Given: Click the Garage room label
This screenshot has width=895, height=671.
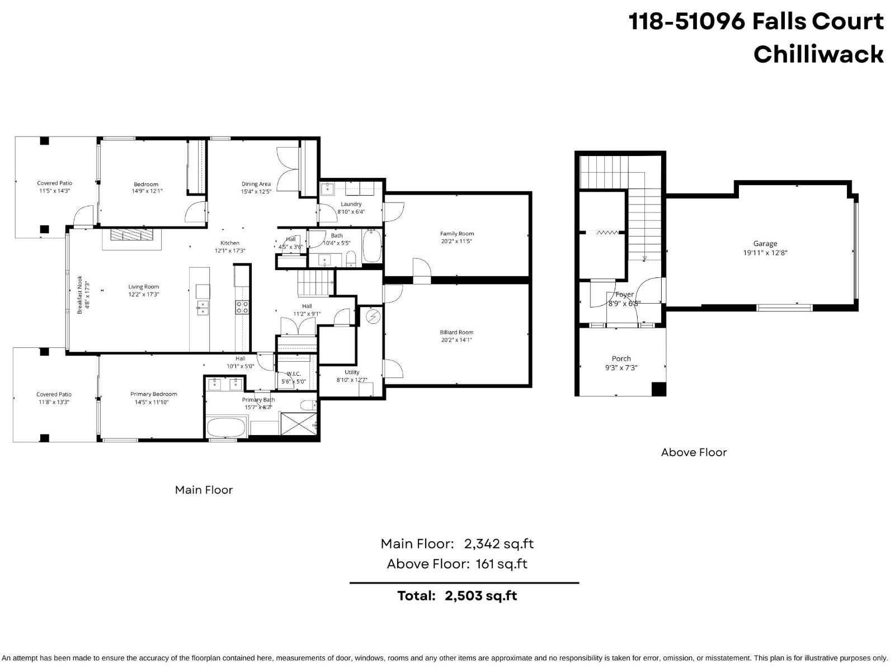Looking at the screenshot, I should click(765, 244).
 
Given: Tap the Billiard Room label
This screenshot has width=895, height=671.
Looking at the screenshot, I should click(456, 332).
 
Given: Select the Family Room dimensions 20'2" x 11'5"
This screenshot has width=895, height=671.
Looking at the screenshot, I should click(456, 242).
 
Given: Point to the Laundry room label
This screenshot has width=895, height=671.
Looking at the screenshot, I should click(351, 204).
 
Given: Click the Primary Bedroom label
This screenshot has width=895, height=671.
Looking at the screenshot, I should click(154, 394).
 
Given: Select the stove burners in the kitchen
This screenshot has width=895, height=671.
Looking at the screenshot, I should click(242, 306).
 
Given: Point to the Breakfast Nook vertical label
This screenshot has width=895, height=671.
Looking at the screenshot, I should click(80, 295).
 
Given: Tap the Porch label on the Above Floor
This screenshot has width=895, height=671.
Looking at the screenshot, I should click(621, 358).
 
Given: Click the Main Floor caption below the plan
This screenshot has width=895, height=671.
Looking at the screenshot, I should click(204, 490).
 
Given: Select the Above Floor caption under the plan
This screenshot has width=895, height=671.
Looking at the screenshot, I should click(694, 452).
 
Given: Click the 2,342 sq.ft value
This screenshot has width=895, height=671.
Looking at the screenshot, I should click(498, 544).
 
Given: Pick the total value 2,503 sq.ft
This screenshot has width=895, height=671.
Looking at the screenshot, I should click(481, 596).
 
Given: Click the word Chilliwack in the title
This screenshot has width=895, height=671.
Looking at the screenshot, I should click(818, 54).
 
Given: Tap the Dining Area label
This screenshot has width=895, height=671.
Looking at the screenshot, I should click(256, 184).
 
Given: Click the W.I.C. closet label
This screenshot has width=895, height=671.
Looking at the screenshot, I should click(294, 374).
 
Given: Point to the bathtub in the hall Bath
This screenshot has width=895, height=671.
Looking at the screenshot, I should click(371, 248).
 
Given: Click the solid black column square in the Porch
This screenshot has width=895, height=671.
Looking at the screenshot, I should click(659, 389).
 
